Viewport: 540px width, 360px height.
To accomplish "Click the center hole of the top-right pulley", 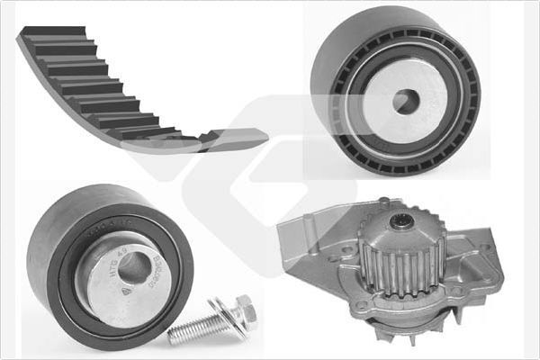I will click(405, 102).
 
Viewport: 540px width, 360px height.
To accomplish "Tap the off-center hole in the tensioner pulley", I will click(133, 267).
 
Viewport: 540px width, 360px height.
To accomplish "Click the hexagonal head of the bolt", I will click(243, 313).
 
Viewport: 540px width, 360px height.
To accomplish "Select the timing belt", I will click(108, 90).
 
